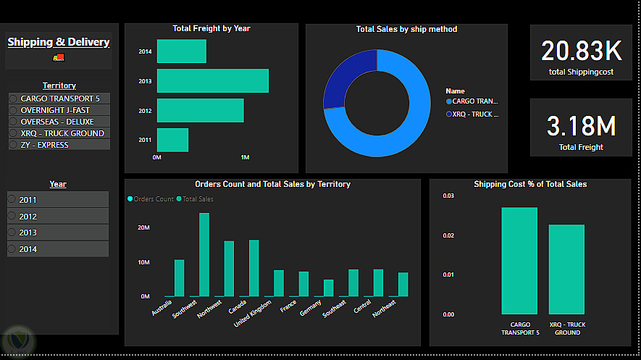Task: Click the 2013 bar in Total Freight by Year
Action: (x=212, y=80)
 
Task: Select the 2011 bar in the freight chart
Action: (x=172, y=140)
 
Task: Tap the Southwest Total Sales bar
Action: (x=204, y=254)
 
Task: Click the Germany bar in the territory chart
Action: (x=328, y=288)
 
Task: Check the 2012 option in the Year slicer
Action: (x=12, y=216)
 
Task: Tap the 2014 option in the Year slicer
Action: (x=12, y=248)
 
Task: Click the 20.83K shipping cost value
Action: (x=582, y=51)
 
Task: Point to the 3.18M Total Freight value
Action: (x=582, y=126)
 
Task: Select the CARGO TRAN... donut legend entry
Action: (x=474, y=101)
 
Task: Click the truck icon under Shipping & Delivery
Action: (x=59, y=57)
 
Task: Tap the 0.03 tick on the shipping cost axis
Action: (x=449, y=196)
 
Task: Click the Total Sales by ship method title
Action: (x=406, y=30)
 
